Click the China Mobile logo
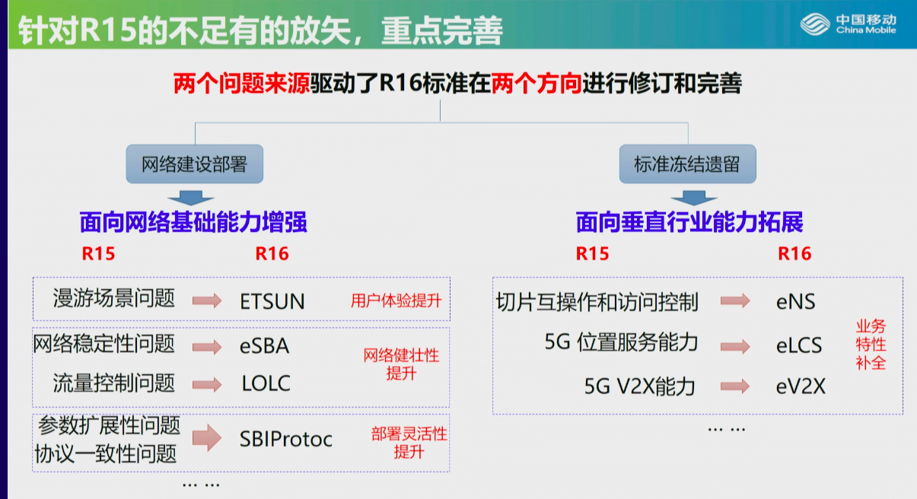coord(849,24)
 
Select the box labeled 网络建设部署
coord(195,164)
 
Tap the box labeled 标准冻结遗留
coord(688,164)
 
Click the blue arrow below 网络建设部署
coord(191,198)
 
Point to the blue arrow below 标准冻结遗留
coord(694,198)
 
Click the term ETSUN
coord(272,302)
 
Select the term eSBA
coord(265,346)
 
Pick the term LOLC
coord(266,383)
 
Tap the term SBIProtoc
coord(285,439)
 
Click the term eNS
coord(795,302)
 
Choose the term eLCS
coord(799,345)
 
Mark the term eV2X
coord(801,386)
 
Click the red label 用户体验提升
coord(396,301)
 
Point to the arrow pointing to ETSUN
coord(207,301)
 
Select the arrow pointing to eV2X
coord(735,386)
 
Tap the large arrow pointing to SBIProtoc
coord(207,437)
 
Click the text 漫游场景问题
coord(114,298)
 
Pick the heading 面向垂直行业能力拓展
coord(689,222)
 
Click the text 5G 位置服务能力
coord(621,342)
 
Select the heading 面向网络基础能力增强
coord(193,222)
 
